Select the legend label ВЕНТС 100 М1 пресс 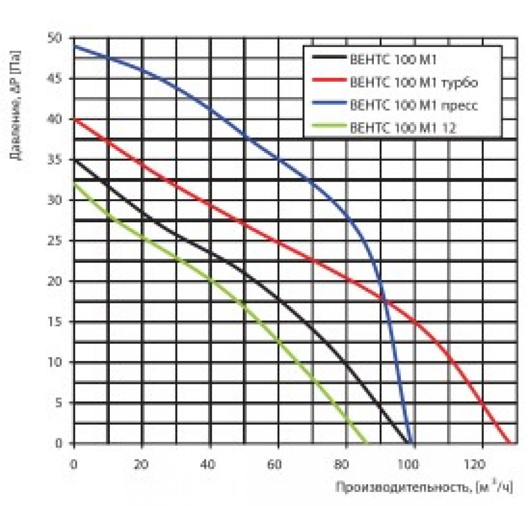414,105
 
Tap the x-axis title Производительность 399,487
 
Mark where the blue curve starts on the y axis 74,46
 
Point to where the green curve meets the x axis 366,443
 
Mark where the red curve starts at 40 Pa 74,119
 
